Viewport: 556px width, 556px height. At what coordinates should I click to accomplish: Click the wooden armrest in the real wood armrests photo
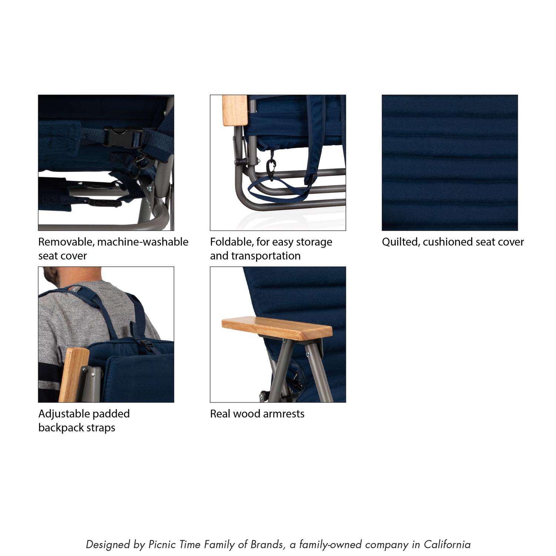[x=277, y=329]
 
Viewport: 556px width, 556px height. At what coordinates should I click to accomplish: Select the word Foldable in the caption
[x=232, y=242]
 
